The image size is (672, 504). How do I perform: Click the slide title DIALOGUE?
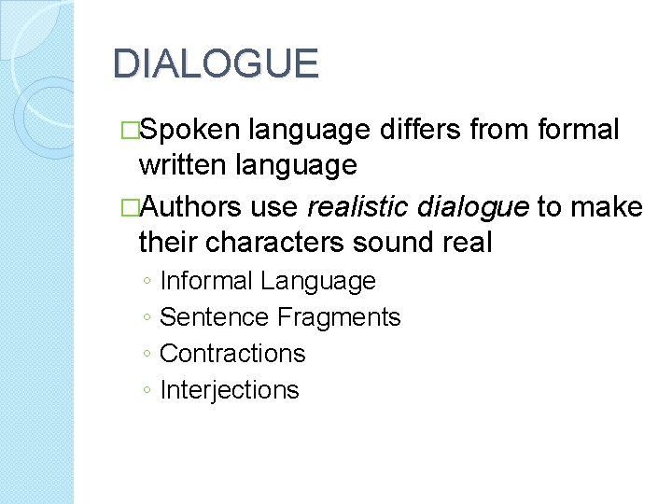tap(216, 64)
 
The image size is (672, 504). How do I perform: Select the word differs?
tap(425, 130)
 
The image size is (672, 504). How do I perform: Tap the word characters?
tap(277, 242)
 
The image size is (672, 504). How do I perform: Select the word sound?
tap(391, 242)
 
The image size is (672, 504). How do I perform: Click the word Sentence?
tap(214, 317)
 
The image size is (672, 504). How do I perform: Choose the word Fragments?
tap(339, 317)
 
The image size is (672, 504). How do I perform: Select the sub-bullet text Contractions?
tap(232, 354)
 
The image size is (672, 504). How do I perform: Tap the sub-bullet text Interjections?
tap(230, 390)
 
